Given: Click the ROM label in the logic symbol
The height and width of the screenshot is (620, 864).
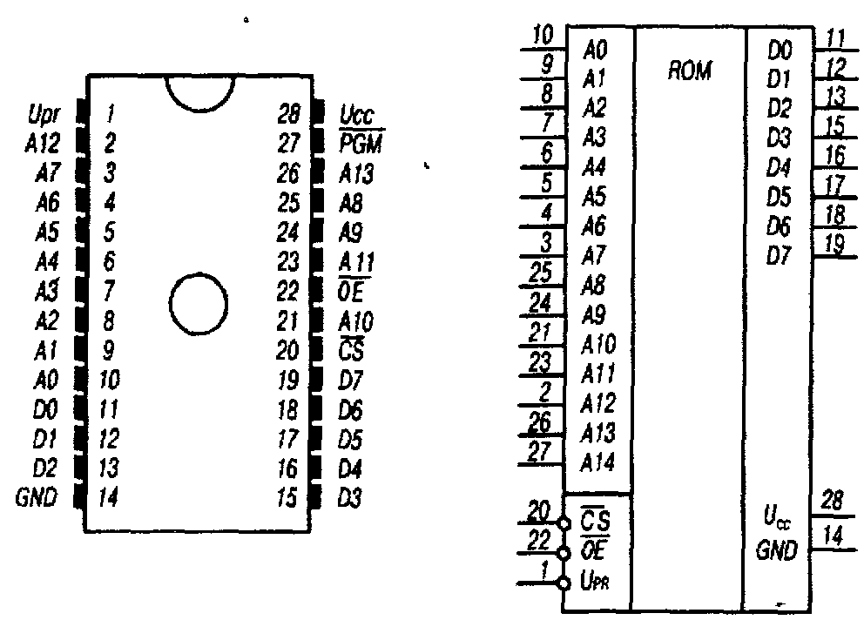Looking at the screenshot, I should tap(689, 71).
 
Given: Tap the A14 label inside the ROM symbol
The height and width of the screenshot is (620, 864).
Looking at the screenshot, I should tap(598, 462).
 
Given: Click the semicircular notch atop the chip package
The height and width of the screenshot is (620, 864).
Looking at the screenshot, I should tap(201, 93).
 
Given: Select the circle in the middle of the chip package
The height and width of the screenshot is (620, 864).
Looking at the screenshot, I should tap(199, 303).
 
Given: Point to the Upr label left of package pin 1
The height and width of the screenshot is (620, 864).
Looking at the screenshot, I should tap(44, 112).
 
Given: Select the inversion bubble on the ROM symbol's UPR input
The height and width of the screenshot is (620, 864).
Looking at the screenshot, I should tap(564, 582).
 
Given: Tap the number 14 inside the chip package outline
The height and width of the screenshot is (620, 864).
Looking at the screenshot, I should tap(109, 498).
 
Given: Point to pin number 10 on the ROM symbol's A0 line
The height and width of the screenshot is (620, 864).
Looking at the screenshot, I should tap(543, 37).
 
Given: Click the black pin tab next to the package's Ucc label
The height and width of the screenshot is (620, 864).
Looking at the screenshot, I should tap(319, 112).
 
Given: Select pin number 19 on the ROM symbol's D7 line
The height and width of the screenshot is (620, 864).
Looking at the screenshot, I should tap(833, 245).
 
